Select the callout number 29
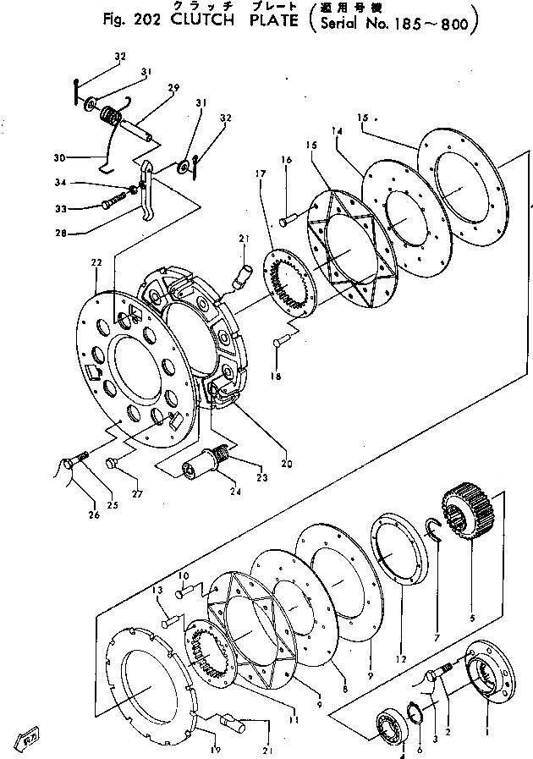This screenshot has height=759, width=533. (x=173, y=86)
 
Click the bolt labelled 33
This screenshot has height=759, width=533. (x=113, y=203)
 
